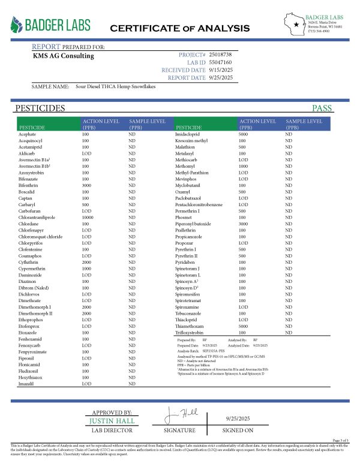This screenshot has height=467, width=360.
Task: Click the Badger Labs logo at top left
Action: pos(50,24)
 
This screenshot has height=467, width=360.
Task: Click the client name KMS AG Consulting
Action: pos(63,56)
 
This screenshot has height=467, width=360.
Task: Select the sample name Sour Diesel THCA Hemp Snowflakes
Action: pos(114,87)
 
